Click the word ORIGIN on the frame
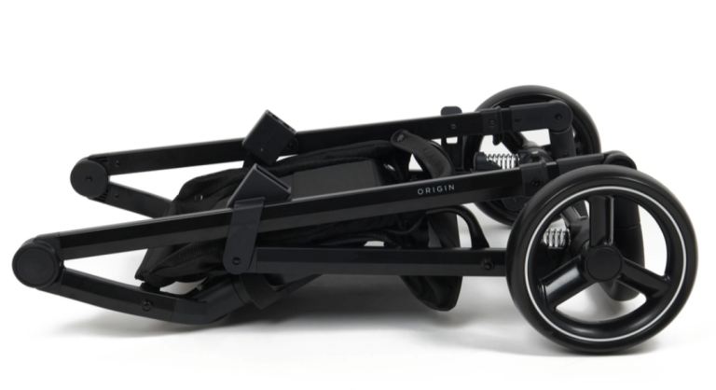[435, 188]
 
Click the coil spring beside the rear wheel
[502, 160]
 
